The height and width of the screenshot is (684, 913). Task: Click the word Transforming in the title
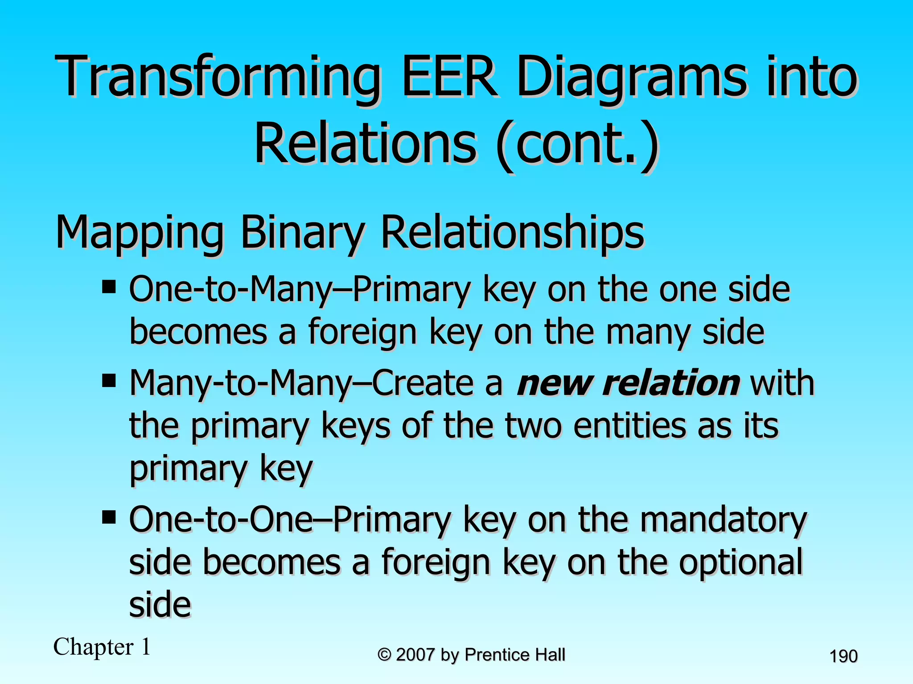pyautogui.click(x=218, y=77)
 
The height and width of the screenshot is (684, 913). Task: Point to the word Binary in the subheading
pyautogui.click(x=303, y=232)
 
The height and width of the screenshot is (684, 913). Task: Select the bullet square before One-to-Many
pyautogui.click(x=109, y=287)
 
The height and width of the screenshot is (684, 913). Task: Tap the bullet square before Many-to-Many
pyautogui.click(x=109, y=381)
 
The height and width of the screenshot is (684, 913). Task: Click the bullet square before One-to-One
pyautogui.click(x=109, y=517)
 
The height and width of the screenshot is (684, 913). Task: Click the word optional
pyautogui.click(x=740, y=562)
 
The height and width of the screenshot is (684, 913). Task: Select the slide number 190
pyautogui.click(x=843, y=656)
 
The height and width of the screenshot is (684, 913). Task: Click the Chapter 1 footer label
pyautogui.click(x=102, y=647)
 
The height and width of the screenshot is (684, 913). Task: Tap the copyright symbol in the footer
pyautogui.click(x=384, y=655)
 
